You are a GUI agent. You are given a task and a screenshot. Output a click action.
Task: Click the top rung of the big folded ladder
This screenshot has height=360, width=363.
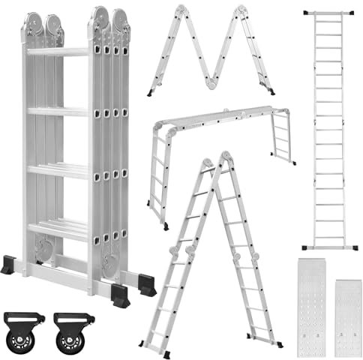point(58,52)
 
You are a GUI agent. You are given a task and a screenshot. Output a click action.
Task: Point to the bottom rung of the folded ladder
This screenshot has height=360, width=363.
point(58,228)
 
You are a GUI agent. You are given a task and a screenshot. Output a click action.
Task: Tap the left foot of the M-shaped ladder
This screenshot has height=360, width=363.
point(151,94)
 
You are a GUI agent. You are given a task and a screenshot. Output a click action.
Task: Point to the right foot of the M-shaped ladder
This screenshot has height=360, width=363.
point(271,92)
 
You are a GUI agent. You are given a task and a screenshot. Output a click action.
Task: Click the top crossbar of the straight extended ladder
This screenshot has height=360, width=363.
point(328,13)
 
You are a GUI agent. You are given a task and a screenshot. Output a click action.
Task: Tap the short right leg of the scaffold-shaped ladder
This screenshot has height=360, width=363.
point(284,139)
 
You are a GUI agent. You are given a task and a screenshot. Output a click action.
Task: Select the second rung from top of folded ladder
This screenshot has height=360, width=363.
point(58,111)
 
